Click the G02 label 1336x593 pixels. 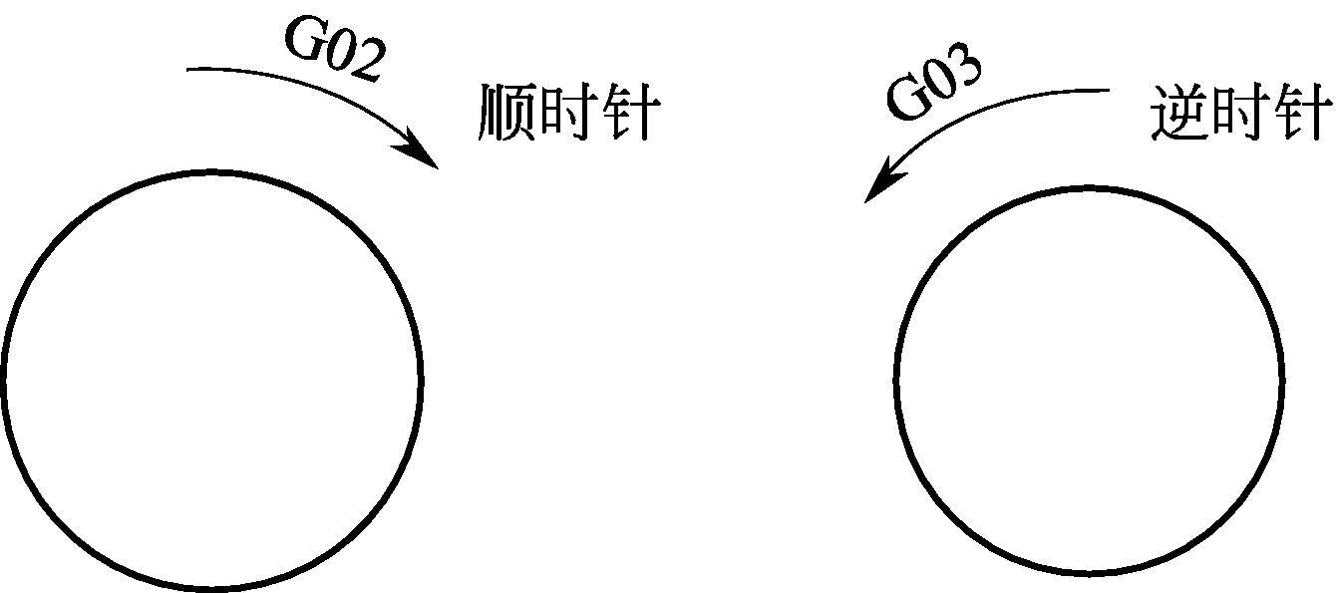pyautogui.click(x=335, y=50)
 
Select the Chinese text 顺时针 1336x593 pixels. pyautogui.click(x=565, y=112)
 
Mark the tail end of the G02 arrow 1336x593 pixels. pyautogui.click(x=190, y=70)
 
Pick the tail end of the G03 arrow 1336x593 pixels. pyautogui.click(x=1108, y=91)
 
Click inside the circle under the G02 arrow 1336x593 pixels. pyautogui.click(x=211, y=379)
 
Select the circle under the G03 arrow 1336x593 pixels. pyautogui.click(x=1090, y=379)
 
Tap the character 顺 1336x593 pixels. pyautogui.click(x=507, y=112)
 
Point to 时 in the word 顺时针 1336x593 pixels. pyautogui.click(x=565, y=112)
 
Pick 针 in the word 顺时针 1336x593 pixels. pyautogui.click(x=625, y=112)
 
